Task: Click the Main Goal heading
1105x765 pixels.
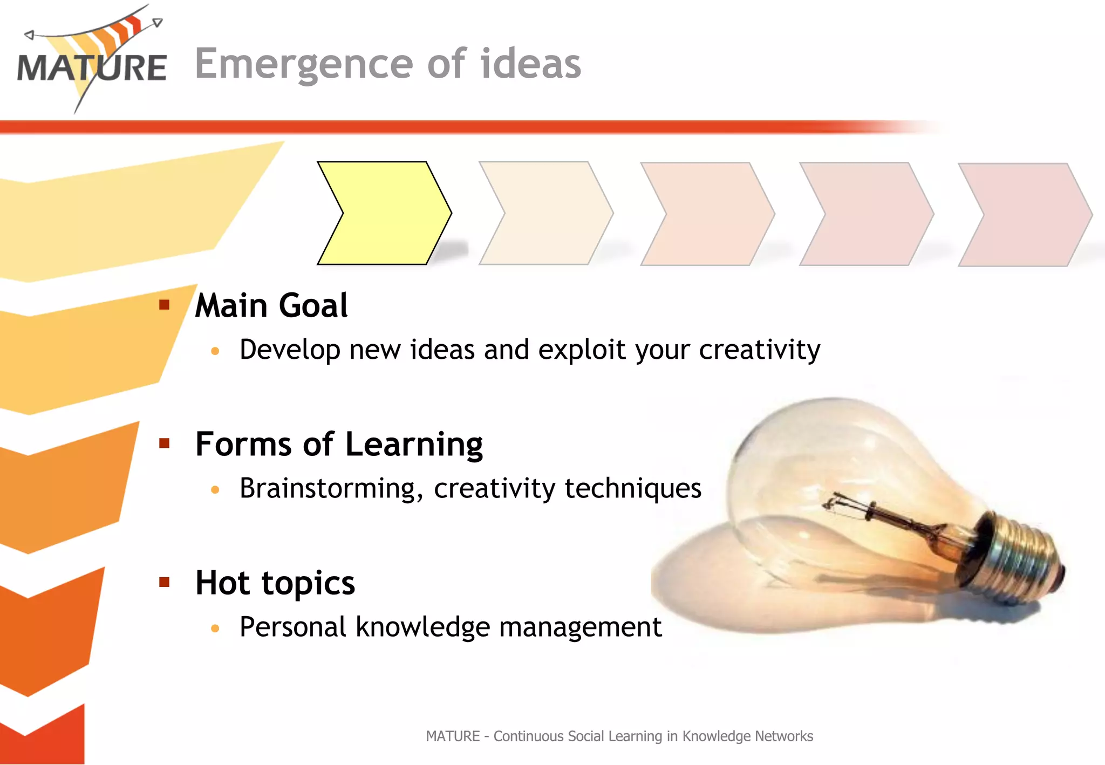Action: [x=271, y=306]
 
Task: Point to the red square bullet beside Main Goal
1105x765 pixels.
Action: [x=165, y=305]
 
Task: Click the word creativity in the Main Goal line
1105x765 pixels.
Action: [x=759, y=350]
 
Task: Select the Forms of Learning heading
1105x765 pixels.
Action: [x=339, y=445]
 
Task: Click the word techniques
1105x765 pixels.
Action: [x=633, y=489]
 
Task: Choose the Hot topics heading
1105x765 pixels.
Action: [x=275, y=583]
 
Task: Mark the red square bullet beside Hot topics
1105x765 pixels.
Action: [x=165, y=582]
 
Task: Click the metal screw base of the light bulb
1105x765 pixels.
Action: [x=1020, y=556]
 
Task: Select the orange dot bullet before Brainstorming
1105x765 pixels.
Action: [x=215, y=490]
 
